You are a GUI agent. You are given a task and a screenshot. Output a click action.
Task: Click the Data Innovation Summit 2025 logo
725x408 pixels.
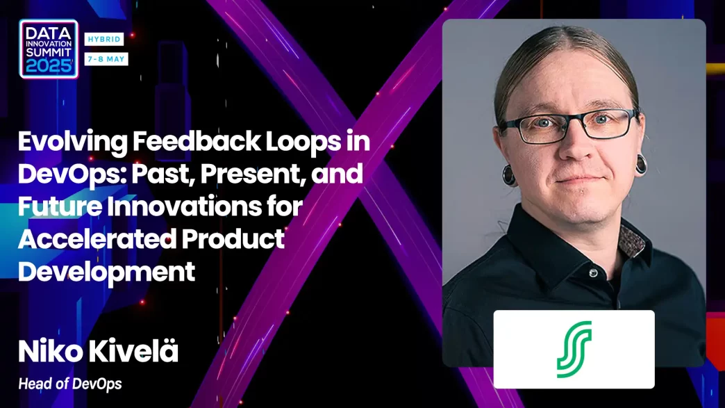(x=49, y=49)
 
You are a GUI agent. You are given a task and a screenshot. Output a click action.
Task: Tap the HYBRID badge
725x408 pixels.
(x=104, y=40)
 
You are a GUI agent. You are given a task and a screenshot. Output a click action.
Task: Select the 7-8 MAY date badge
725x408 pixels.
(x=106, y=59)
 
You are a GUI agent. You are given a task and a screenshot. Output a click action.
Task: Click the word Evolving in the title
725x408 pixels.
(x=73, y=142)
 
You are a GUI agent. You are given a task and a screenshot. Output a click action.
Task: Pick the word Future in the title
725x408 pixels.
(x=60, y=206)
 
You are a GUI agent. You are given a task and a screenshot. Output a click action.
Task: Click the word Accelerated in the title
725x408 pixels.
(x=97, y=238)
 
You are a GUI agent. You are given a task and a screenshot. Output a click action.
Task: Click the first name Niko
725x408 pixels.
(x=51, y=352)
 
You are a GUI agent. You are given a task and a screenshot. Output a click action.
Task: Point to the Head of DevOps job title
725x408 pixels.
(x=70, y=384)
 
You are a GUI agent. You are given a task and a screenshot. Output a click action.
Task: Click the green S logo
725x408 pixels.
(x=574, y=349)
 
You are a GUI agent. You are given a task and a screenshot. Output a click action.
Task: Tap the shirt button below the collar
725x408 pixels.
(x=593, y=273)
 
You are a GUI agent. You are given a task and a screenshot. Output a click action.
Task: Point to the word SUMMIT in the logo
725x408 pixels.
(x=49, y=52)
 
